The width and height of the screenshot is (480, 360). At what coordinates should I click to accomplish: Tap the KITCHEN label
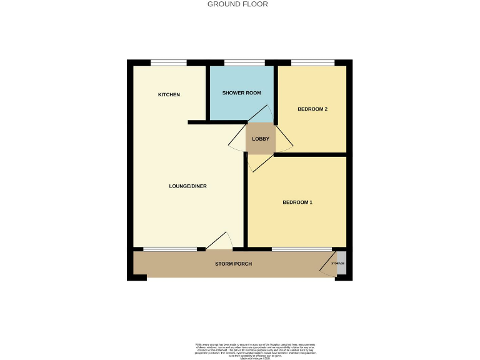pos(169,95)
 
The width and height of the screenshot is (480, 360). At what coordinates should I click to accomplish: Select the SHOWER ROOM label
pos(241,93)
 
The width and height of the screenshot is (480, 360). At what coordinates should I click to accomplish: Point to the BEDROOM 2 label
pos(312,109)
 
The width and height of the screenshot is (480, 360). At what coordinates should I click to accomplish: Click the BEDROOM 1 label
pos(297,202)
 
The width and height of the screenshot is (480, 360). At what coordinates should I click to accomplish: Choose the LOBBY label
pos(260,139)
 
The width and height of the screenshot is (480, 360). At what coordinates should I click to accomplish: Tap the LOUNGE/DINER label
pos(188,186)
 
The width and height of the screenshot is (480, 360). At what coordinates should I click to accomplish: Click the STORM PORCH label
pos(234,264)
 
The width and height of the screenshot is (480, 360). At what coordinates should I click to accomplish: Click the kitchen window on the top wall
pos(169,62)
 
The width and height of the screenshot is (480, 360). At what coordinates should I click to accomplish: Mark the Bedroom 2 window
pos(312,62)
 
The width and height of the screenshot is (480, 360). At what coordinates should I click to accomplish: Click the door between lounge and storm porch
pos(219,241)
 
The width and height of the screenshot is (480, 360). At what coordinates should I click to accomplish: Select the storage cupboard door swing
pos(327,265)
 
